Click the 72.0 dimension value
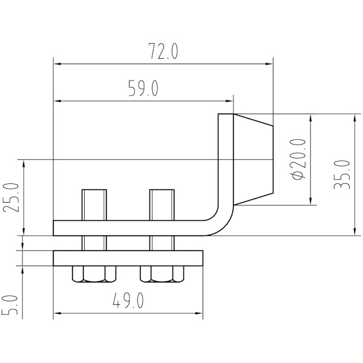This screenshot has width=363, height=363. pos(163,51)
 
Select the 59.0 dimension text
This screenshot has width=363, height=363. pos(143,88)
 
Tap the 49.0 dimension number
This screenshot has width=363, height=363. pos(128,300)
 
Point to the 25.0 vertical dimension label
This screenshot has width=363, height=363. pos(10,197)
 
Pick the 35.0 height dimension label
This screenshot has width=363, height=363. pos(342,175)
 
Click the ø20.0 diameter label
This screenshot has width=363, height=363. pos(299,159)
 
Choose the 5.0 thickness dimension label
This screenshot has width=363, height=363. pos(10,305)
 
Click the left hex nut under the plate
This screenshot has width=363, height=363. pos(94,274)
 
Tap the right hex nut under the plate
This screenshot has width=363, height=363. pos(162,274)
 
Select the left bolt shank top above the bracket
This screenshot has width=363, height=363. pos(94,205)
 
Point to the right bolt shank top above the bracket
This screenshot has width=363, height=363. pos(162,205)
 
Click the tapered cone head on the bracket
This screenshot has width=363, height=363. pos(253,159)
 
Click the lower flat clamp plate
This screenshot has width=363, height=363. pos(128,258)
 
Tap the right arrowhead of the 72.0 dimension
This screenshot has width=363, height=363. pos(269,64)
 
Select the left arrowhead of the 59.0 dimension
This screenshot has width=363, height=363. pos(57,101)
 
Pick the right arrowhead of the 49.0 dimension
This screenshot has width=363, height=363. pos(199,313)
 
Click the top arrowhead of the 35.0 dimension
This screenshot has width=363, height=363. pos(354,118)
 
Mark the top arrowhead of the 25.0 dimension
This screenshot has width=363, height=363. pos(24,163)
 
